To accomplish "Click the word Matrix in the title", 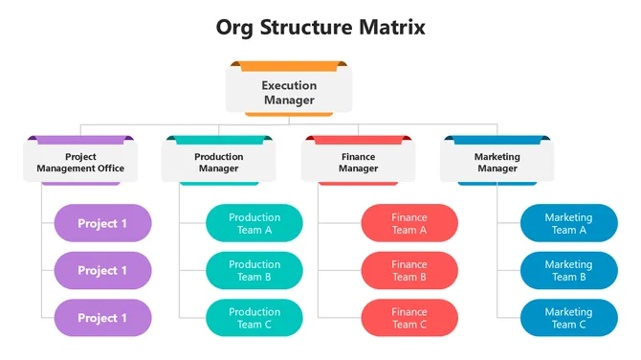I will point(387,27).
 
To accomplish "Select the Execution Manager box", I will point(289,93).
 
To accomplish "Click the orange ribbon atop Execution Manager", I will point(289,66).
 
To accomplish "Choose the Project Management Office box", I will point(80,163).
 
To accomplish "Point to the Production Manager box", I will point(218,163).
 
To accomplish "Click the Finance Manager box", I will point(358,163).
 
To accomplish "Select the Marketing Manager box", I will point(497,163).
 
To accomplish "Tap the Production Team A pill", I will point(254,223).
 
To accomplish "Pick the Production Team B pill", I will point(254,271).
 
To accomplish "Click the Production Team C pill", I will point(254,318).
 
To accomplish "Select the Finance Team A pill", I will point(409,223).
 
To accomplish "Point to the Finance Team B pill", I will point(409,271).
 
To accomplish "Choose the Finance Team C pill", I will point(409,318).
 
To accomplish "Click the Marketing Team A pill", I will point(568,223).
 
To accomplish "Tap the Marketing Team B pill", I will point(568,271).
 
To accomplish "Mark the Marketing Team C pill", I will point(568,318).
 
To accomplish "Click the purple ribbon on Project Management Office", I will point(80,140).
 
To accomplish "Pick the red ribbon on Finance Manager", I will point(358,140).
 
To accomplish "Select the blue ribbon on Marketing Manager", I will point(497,140).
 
